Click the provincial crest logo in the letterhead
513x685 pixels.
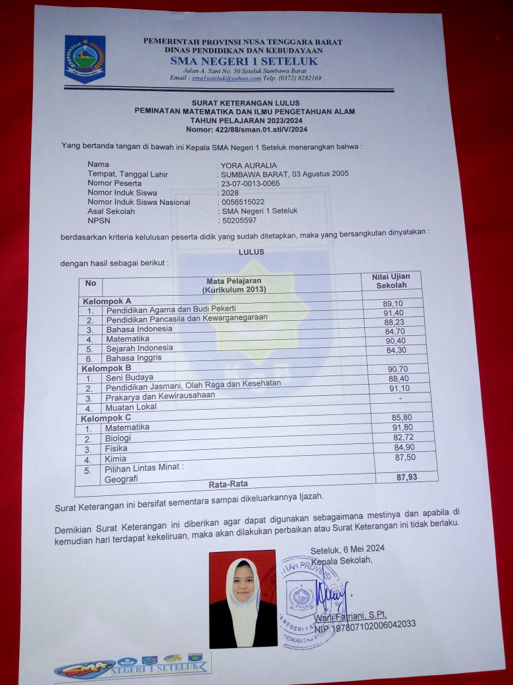[84, 58]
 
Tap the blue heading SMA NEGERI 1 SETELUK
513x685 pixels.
[243, 61]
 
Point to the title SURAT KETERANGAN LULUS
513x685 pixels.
[245, 103]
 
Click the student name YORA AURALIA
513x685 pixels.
[249, 165]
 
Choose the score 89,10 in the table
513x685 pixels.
[393, 303]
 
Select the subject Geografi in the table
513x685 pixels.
[122, 480]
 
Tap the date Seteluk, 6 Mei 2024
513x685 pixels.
[347, 549]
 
